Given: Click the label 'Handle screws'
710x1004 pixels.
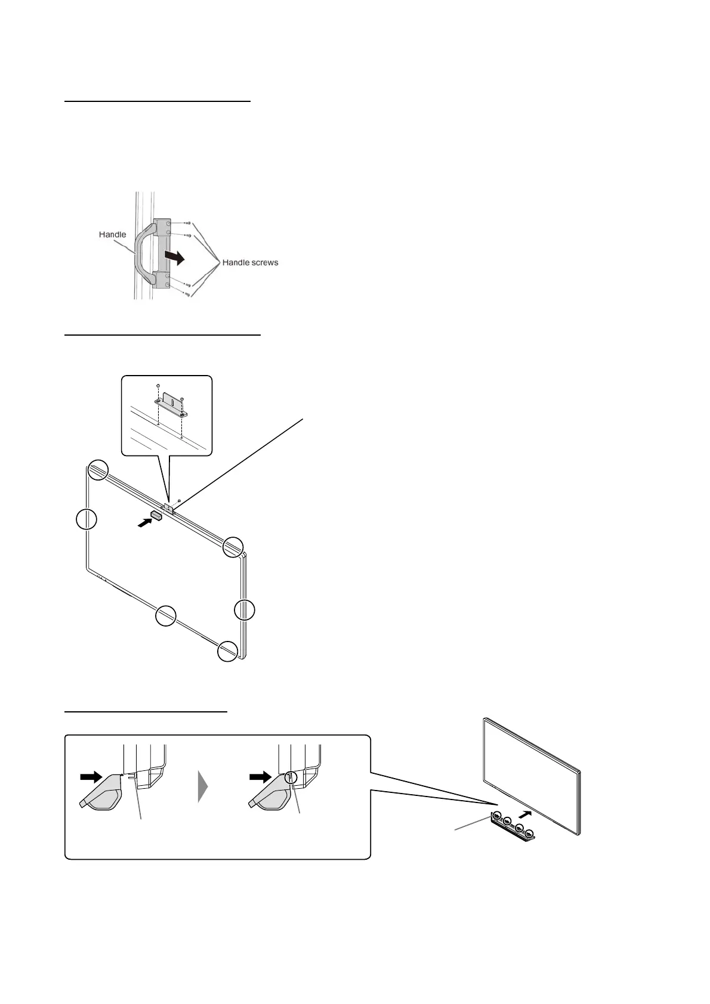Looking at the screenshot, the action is (x=250, y=262).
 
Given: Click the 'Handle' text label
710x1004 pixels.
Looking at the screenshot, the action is (x=112, y=235).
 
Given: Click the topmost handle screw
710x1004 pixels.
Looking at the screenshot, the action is (x=188, y=223).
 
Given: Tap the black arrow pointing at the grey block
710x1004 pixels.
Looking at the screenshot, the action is (x=144, y=522).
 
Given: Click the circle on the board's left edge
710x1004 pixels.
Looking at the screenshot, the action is (x=87, y=519).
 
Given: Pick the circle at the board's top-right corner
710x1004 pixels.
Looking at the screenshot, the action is (x=233, y=547).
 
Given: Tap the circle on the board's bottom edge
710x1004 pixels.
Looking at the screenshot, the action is (x=166, y=615).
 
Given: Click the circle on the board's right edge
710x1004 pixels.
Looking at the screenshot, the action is (x=244, y=610).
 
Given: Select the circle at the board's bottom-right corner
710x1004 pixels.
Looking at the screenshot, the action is (x=227, y=651).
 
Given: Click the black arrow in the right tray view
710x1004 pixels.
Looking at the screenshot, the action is (x=260, y=777).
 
